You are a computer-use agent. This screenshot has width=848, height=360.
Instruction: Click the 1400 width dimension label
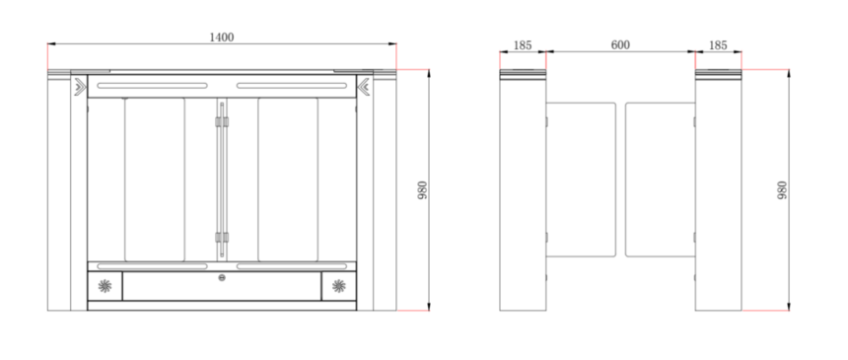(222, 37)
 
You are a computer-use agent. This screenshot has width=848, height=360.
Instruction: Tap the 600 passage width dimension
(620, 45)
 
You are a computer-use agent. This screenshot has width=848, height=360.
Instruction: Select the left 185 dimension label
(523, 45)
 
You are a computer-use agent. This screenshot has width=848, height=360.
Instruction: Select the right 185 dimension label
(718, 45)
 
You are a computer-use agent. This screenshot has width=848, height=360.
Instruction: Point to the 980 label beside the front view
(422, 190)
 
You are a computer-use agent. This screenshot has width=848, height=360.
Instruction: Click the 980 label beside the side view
(782, 190)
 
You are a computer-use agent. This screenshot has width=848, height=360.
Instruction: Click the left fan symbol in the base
(105, 286)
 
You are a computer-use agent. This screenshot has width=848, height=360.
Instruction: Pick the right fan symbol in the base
(339, 286)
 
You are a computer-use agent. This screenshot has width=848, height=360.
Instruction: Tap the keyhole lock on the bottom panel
(222, 278)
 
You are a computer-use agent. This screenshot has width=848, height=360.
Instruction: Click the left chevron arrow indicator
(80, 87)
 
